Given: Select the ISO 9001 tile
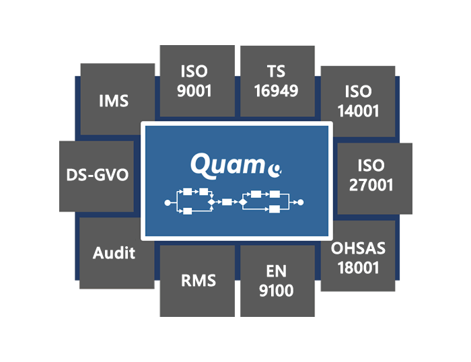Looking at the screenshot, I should pyautogui.click(x=197, y=81).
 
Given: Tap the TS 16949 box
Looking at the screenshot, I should pyautogui.click(x=277, y=81).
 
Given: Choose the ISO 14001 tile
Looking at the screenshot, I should pyautogui.click(x=357, y=101).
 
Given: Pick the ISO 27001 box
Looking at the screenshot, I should pyautogui.click(x=373, y=176).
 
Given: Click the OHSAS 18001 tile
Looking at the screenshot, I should pyautogui.click(x=357, y=258).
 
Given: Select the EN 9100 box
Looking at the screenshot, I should pyautogui.click(x=277, y=281).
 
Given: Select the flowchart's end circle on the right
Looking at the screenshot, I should pyautogui.click(x=301, y=202).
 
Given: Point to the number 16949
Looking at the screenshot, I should pyautogui.click(x=277, y=91).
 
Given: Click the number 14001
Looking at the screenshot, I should pyautogui.click(x=357, y=111).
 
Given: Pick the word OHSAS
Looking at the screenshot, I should pyautogui.click(x=358, y=248).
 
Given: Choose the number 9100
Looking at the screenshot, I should pyautogui.click(x=277, y=291).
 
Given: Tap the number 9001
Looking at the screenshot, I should pyautogui.click(x=197, y=91).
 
